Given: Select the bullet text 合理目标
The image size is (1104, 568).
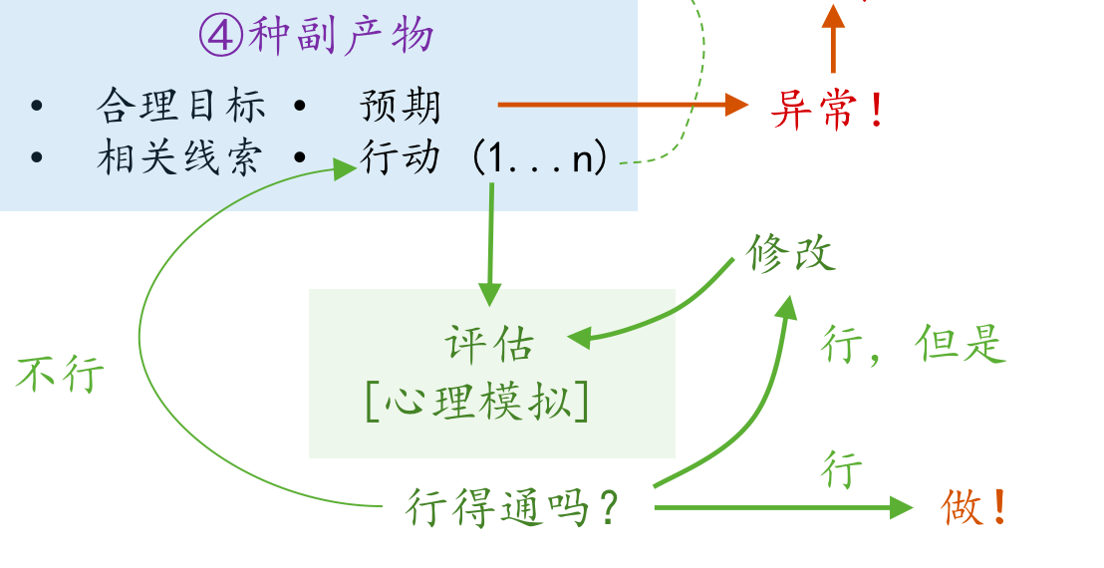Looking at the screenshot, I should tap(181, 105).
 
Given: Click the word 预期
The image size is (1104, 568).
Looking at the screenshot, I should tap(400, 105).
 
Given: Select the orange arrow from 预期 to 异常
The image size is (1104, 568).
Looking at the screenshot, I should tap(618, 104).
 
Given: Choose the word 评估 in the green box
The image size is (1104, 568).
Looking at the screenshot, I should tap(489, 345).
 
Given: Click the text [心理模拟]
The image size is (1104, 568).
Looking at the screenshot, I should tap(477, 401).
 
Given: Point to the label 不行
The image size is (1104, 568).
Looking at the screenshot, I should tap(60, 375).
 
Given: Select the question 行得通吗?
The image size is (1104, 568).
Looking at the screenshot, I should tap(513, 509).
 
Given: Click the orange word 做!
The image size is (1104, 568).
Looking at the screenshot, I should tap(974, 508).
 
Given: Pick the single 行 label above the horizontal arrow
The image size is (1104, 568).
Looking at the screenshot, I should tap(842, 469).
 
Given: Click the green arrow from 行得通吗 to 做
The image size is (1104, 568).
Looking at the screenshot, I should tap(777, 508).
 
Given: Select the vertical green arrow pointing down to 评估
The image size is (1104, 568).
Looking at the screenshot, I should tap(489, 244).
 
